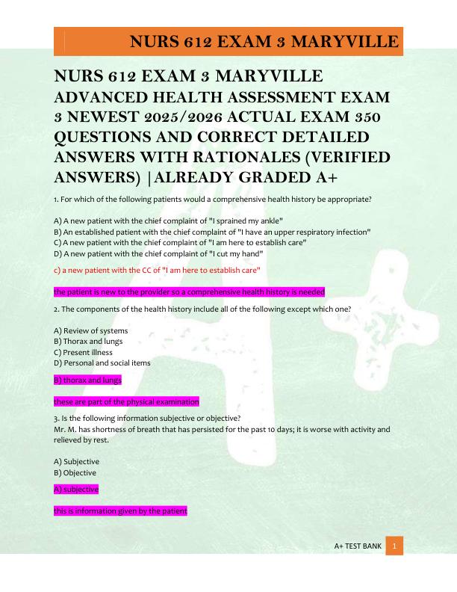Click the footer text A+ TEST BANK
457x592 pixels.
click(358, 546)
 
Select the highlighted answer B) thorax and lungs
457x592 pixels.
click(87, 380)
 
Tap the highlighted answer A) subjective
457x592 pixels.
click(76, 489)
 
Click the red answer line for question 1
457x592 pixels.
click(157, 269)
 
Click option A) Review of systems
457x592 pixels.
click(91, 330)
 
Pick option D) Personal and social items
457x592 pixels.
click(102, 363)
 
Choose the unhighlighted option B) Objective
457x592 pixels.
click(75, 472)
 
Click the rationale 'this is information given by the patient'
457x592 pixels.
click(120, 511)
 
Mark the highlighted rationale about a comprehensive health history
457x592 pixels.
click(189, 292)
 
